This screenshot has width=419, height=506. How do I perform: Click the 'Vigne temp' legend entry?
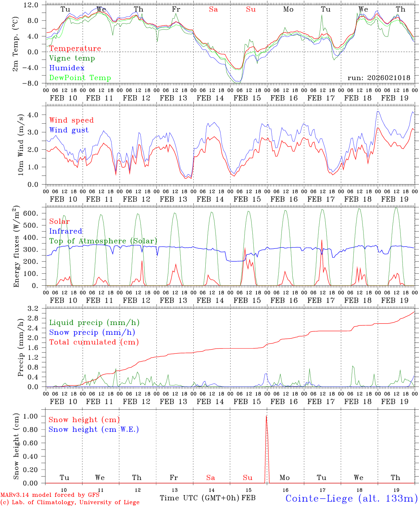coord(72,58)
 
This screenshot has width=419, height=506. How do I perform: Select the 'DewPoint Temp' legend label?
coord(80,78)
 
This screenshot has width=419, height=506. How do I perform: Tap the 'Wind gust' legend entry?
coord(69,130)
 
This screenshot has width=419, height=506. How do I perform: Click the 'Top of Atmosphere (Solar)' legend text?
coord(103,241)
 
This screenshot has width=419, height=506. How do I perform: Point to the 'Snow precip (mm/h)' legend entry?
coord(92,332)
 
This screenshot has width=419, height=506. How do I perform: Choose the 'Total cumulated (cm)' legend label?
coord(94,342)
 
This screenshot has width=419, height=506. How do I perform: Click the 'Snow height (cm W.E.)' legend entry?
coord(94,429)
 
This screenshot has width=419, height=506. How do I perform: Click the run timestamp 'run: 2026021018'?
coord(379,78)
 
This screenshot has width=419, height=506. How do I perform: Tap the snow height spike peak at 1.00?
coord(266,416)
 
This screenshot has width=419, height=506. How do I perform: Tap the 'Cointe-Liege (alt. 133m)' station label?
coord(351,498)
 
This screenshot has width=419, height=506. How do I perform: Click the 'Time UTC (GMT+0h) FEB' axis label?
coord(207,498)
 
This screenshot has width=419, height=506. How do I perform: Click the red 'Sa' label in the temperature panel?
coord(213,9)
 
